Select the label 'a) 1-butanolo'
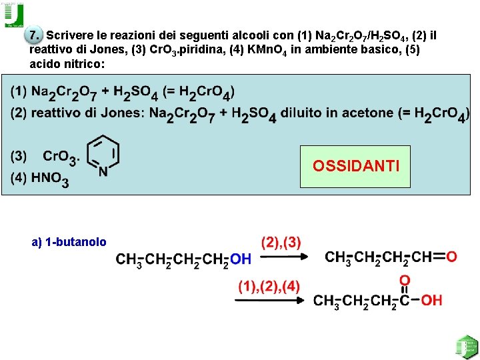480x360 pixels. pyautogui.click(x=69, y=242)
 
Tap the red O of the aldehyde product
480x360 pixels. pyautogui.click(x=452, y=257)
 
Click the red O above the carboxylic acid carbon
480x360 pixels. pyautogui.click(x=405, y=281)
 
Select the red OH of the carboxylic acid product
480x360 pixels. pyautogui.click(x=431, y=301)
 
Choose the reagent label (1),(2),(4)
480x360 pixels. pyautogui.click(x=269, y=287)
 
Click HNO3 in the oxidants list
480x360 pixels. pyautogui.click(x=49, y=179)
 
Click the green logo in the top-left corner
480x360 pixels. pyautogui.click(x=14, y=15)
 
